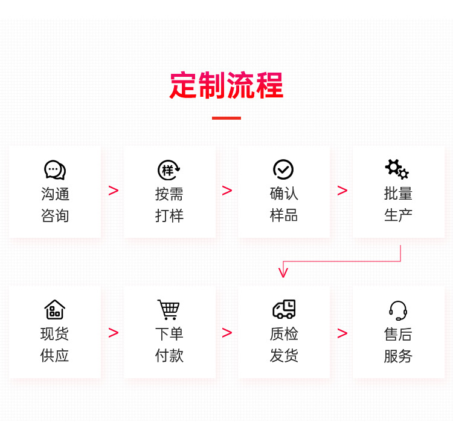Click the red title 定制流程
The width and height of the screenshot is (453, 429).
226,85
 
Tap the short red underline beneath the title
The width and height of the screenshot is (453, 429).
226,118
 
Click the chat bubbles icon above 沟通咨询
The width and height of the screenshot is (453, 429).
55,170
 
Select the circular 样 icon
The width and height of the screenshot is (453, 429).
169,170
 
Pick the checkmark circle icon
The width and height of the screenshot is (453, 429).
283,169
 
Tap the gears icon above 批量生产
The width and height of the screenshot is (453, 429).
397,169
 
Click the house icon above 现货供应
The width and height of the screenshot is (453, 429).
54,310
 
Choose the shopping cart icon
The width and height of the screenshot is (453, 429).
169,310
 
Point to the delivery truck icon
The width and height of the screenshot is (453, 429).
284,309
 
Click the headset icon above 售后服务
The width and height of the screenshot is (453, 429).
398,310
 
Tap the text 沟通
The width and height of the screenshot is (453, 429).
55,194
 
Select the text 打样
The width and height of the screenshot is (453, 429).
169,216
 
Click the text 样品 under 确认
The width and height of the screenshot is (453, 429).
284,215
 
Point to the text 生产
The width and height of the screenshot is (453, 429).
398,215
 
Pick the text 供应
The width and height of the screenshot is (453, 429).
54,355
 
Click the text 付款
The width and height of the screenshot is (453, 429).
169,355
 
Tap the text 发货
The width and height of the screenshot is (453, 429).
284,355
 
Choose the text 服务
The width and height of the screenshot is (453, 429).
398,356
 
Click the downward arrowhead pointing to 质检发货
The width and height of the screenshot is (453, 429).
283,273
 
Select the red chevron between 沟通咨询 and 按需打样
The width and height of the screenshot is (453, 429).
114,191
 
